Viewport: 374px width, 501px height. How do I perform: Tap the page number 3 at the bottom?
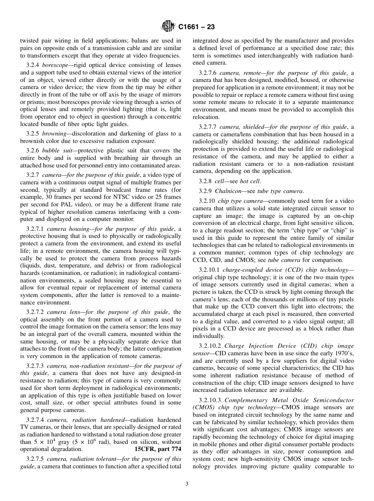click(187, 484)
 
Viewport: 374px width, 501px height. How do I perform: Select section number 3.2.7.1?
click(35, 229)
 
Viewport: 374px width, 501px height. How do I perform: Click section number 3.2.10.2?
click(210, 346)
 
